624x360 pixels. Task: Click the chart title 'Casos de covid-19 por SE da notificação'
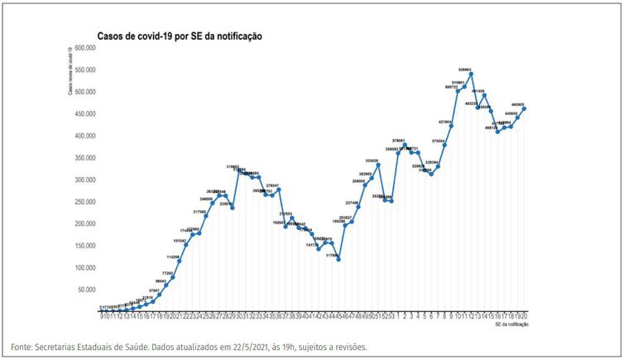click(x=180, y=36)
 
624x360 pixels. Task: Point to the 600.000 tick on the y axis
click(x=85, y=47)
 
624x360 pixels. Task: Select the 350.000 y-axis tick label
click(x=85, y=157)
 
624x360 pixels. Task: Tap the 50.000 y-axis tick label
click(x=88, y=290)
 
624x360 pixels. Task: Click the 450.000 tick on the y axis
click(x=85, y=113)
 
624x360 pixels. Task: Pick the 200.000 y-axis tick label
click(x=85, y=223)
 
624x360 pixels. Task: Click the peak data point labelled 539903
click(x=471, y=74)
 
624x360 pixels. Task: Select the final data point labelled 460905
click(x=524, y=108)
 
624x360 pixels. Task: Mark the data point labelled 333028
click(x=377, y=165)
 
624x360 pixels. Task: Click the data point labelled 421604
click(x=451, y=126)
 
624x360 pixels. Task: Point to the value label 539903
click(x=464, y=70)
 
